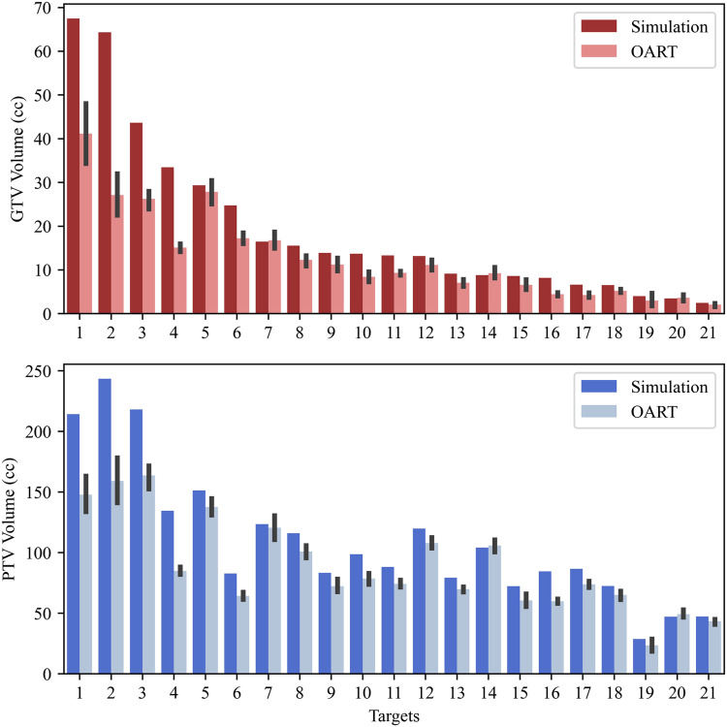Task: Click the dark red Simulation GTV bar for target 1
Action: click(x=74, y=166)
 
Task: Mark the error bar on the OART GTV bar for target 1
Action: click(x=86, y=134)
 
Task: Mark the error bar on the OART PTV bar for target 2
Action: click(x=117, y=480)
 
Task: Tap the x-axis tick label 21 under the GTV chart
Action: click(x=708, y=331)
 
